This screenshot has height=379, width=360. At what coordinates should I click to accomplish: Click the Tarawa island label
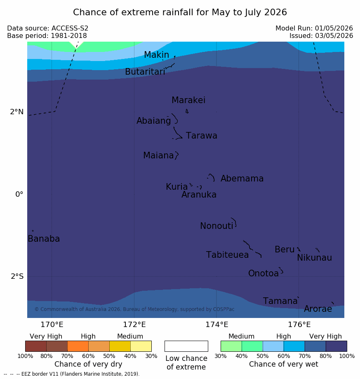coord(202,136)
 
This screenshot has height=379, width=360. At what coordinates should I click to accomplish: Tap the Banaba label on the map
coord(44,238)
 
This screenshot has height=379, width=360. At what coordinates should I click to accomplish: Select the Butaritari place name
coord(145,71)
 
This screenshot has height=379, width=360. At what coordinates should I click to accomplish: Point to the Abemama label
coord(242,179)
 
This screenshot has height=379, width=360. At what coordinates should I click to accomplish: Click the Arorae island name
coord(318,308)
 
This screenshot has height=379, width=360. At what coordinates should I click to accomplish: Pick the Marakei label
coord(188,100)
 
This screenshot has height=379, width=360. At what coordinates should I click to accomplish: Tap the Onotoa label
coord(264,273)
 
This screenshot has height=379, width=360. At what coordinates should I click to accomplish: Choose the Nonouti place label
coord(216,226)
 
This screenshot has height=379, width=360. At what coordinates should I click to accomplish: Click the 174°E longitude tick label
coord(217,325)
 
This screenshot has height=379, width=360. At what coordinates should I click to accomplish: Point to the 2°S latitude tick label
coord(17,276)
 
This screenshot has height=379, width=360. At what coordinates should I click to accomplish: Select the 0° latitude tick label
coord(19,194)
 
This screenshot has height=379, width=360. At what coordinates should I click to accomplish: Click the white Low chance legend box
coord(186,346)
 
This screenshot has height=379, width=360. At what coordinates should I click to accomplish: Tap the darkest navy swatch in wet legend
coord(336,346)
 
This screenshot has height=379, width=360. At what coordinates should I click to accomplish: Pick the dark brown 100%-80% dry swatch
coord(36,346)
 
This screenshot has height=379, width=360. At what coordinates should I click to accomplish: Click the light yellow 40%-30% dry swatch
coord(141,346)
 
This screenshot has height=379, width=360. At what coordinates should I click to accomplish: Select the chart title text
coord(180,12)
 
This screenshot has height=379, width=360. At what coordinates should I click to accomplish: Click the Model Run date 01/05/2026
coord(334,28)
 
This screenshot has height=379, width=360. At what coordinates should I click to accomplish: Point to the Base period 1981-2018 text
coord(47,36)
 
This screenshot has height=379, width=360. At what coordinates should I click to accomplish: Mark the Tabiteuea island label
coord(227,255)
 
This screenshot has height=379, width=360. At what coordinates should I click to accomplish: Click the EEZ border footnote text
coord(71,374)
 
